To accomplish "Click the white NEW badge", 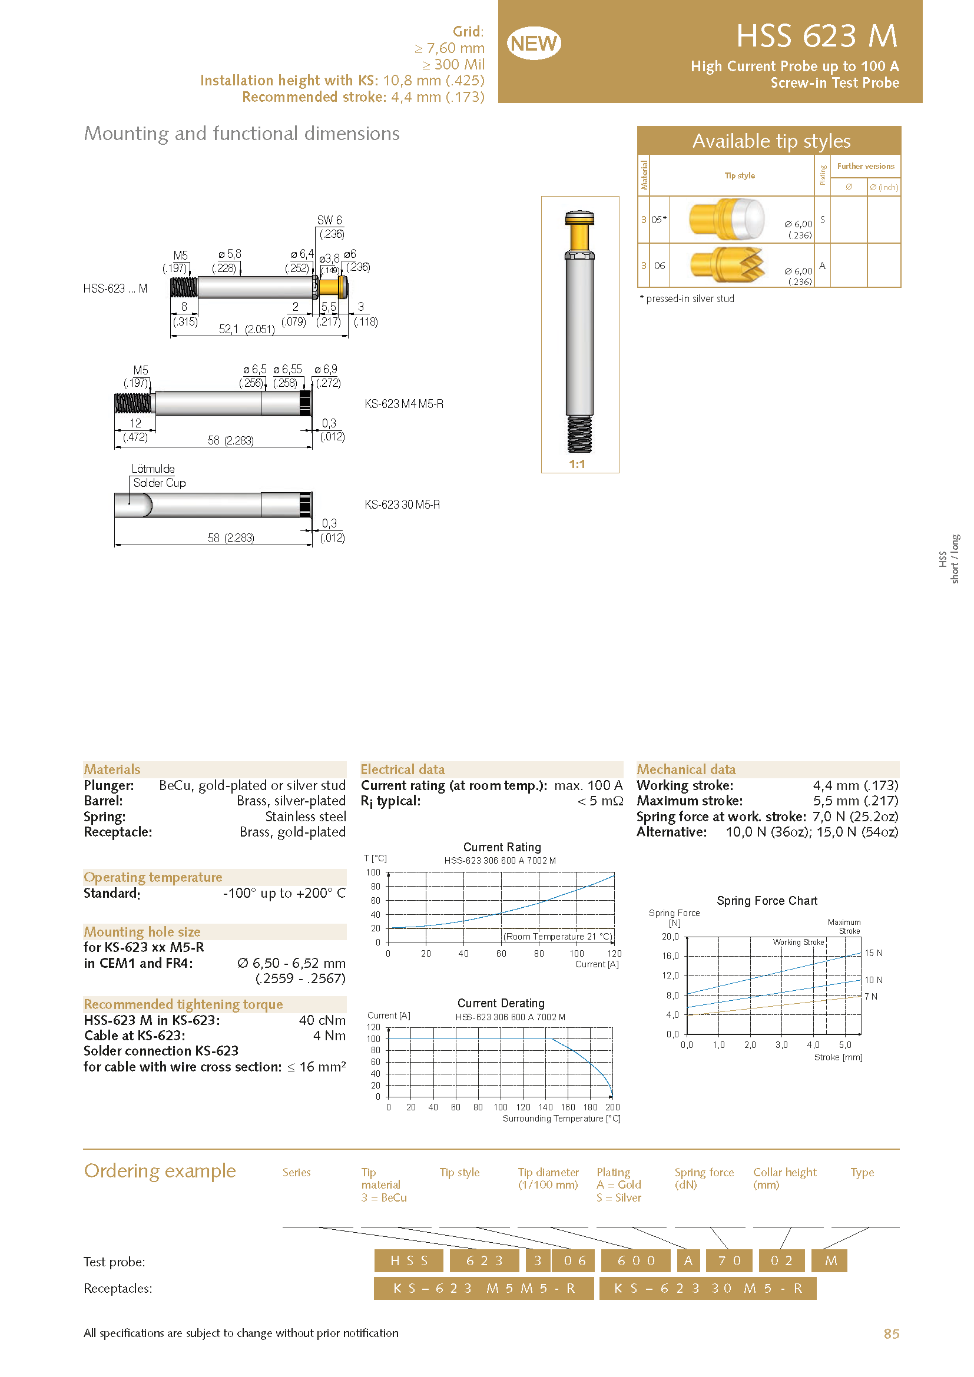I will [x=533, y=43].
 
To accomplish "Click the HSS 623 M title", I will [x=816, y=36].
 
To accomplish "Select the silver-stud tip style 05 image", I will [x=726, y=220].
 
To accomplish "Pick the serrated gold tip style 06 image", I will [x=727, y=264].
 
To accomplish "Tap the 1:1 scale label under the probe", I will [x=577, y=464].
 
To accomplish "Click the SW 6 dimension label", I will [x=329, y=220].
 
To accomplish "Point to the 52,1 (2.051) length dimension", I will [x=247, y=329].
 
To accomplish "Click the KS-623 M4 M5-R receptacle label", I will [x=403, y=404].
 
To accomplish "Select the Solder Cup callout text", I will [x=159, y=483].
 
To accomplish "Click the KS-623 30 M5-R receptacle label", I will [x=402, y=505].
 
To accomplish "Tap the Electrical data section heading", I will [x=402, y=769].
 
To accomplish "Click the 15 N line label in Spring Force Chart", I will [x=873, y=953].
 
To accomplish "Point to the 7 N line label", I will [x=870, y=997].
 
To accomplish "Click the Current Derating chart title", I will [x=501, y=1003].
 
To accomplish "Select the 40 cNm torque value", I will [x=322, y=1020].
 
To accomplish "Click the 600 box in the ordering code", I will [x=636, y=1260].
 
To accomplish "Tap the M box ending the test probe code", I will [x=830, y=1260].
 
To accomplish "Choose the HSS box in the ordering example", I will [x=409, y=1260].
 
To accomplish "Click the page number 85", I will [x=891, y=1334].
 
